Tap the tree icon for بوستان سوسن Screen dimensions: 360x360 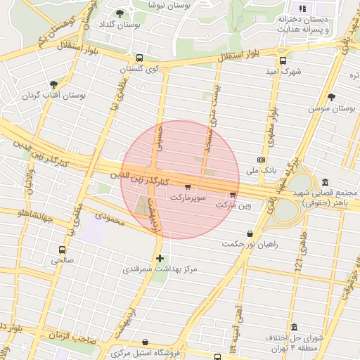331,97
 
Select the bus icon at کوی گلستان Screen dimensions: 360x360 139,58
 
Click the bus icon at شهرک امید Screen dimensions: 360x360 283,60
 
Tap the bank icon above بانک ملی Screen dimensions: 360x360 262,160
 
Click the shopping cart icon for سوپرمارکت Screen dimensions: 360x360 187,187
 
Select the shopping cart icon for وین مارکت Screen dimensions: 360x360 233,195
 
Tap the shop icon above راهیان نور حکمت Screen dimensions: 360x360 250,234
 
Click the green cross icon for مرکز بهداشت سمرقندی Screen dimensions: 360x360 160,258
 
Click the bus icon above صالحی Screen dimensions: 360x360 62,249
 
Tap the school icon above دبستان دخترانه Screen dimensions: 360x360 302,8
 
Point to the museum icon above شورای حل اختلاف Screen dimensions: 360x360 292,328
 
